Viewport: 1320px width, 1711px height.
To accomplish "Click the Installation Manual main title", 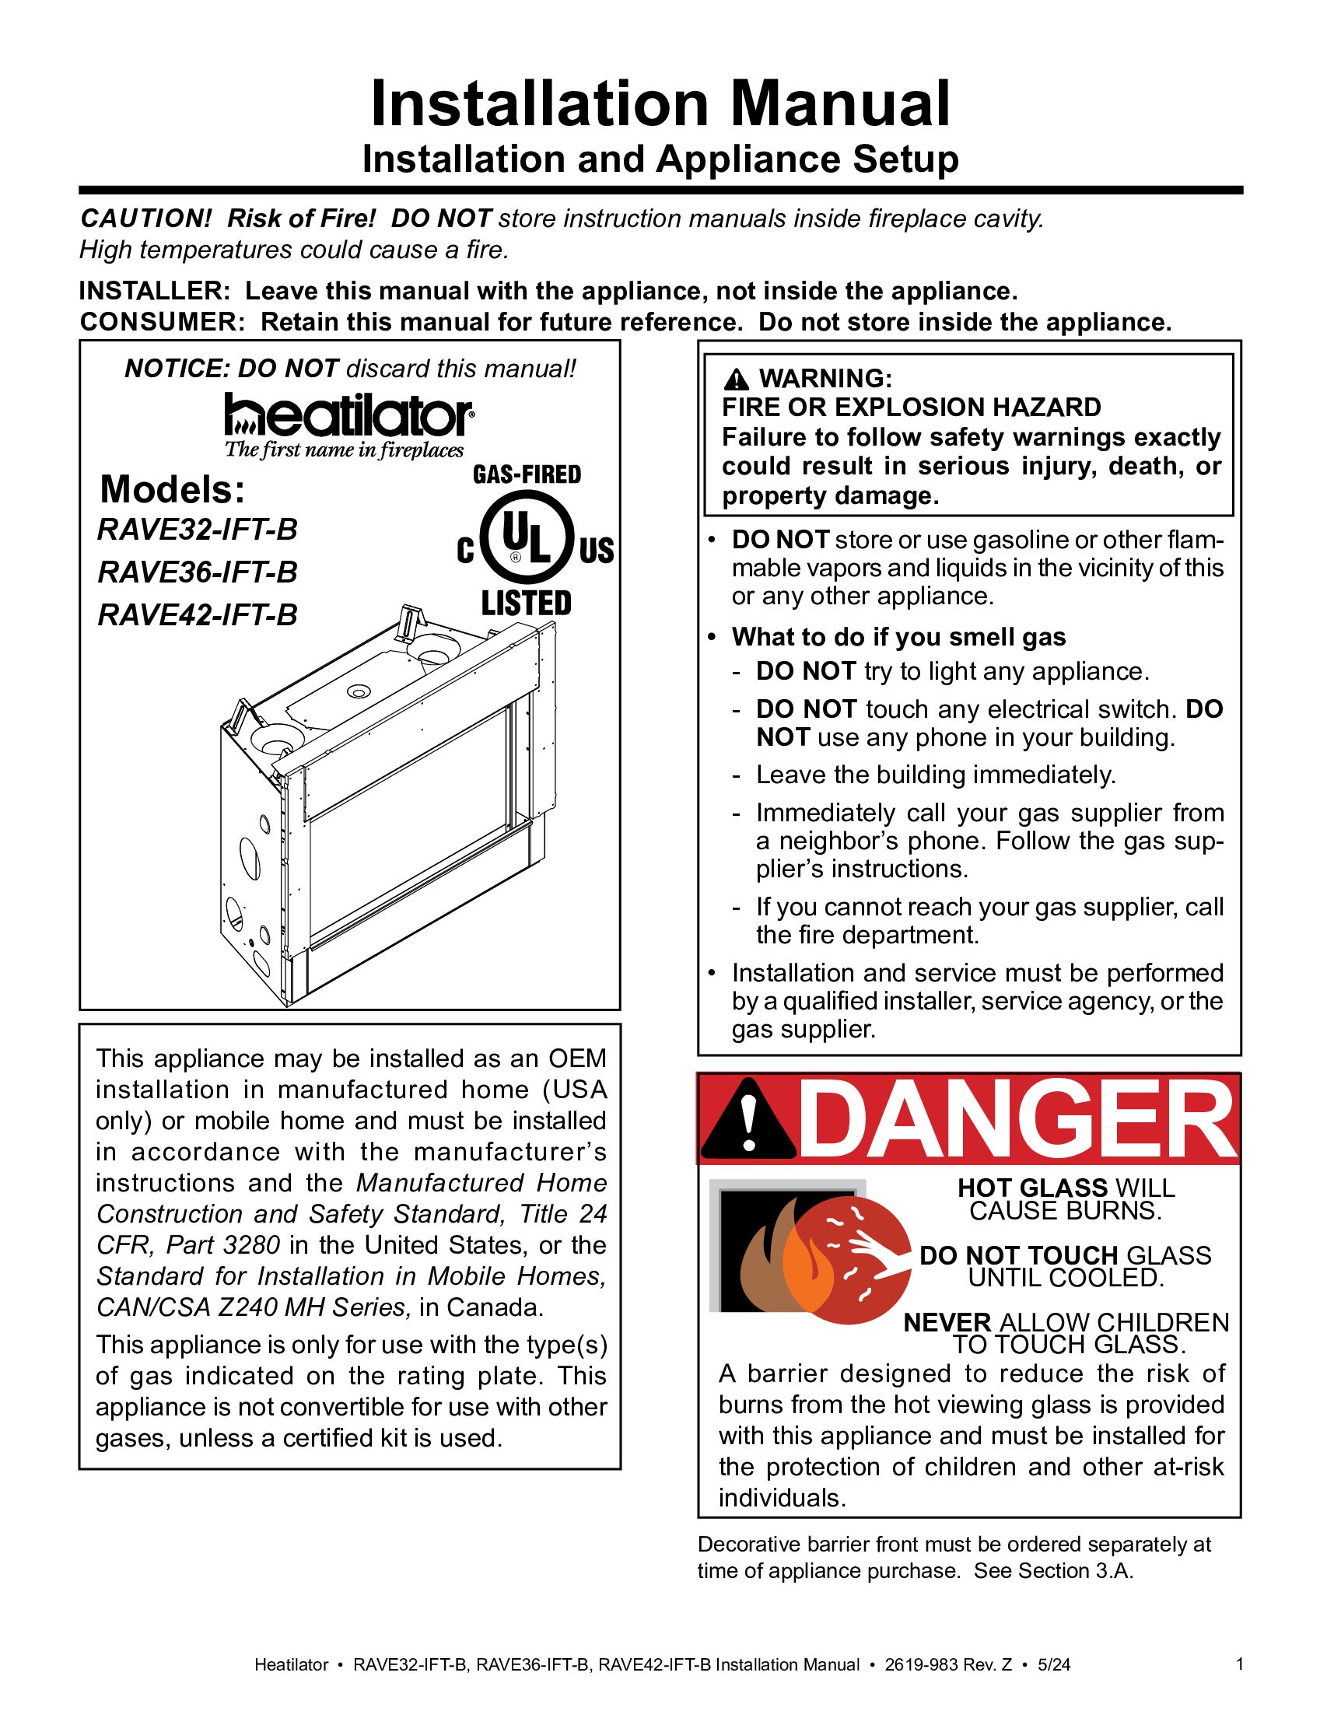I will tap(660, 103).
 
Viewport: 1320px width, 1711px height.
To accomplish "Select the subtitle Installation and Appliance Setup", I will tap(660, 159).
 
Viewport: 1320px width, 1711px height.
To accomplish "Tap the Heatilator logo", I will tap(348, 415).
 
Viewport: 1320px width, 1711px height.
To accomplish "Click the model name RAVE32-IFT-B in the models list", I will tap(198, 530).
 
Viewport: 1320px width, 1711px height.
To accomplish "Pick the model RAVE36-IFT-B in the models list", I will tap(198, 572).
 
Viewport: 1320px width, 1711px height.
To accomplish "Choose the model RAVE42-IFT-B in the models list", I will tap(198, 615).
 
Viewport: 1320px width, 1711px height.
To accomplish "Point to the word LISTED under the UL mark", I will tap(527, 604).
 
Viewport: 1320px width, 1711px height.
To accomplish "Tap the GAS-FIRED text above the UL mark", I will tap(527, 474).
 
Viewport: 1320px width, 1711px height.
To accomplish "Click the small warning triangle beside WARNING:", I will tap(736, 380).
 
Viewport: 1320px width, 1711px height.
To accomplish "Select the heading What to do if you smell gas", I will tap(898, 637).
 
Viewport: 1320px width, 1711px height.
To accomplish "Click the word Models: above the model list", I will tap(173, 490).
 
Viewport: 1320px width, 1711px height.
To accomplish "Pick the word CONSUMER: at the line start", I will tap(163, 322).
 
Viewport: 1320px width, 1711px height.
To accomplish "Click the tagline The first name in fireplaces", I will tap(345, 450).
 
